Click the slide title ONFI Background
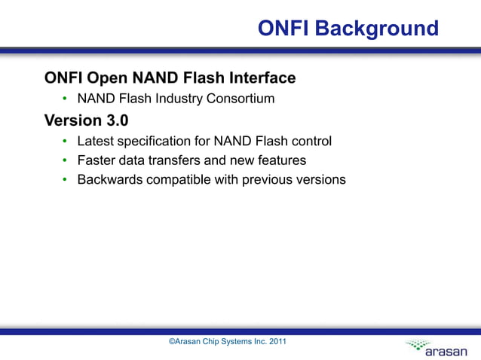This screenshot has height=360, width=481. (x=348, y=29)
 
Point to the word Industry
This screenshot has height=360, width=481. (x=177, y=99)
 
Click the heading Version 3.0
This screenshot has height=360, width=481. (x=87, y=121)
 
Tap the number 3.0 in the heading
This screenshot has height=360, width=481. (x=115, y=121)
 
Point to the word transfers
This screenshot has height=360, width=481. (x=179, y=160)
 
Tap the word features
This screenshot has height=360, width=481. (x=280, y=160)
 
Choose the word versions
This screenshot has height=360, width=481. (x=317, y=180)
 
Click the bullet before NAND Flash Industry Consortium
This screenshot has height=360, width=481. (x=66, y=99)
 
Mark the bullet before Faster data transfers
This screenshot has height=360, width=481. (x=66, y=161)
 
